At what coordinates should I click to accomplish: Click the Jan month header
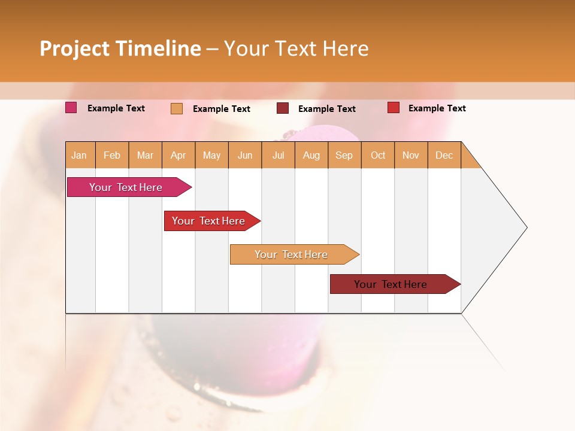coord(79,155)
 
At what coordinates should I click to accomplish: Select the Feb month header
coord(112,155)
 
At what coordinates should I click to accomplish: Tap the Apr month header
coord(178,155)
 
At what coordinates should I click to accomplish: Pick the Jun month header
coord(245,155)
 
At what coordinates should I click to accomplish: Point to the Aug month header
coord(311,155)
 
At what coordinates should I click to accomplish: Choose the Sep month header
coord(344,155)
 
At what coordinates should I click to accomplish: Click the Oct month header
coord(378,155)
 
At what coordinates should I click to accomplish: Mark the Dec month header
coord(444,155)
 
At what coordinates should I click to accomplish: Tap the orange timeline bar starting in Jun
coord(292,254)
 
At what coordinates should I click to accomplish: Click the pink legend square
coord(71,108)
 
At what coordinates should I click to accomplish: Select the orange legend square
coord(177,108)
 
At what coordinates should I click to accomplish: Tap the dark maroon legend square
coord(283,108)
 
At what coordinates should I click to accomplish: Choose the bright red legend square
coord(393,108)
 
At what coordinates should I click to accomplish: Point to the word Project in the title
coord(74,48)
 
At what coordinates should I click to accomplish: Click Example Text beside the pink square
coord(116,108)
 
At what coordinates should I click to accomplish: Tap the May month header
coord(211,155)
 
